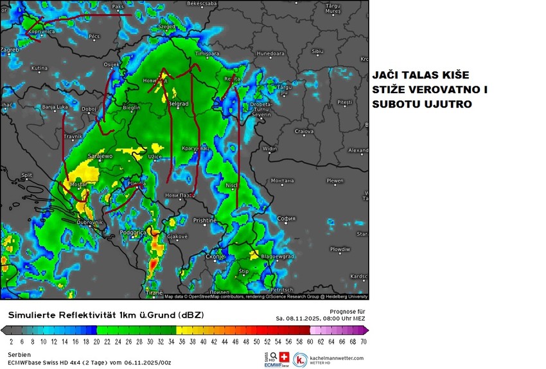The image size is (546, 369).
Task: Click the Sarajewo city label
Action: [x=100, y=156]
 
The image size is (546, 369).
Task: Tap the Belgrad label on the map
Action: [x=177, y=104]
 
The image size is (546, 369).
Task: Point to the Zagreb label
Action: [x=10, y=49]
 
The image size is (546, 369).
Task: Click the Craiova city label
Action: [x=304, y=131]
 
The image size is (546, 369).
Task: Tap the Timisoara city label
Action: [x=207, y=54]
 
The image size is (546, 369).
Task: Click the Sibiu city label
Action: [x=317, y=51]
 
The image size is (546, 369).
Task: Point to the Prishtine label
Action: [x=205, y=220]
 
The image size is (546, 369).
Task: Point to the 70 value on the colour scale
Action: [x=364, y=342]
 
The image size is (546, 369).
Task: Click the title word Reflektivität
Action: [x=97, y=315]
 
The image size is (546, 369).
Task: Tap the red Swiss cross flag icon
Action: [x=283, y=357]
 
